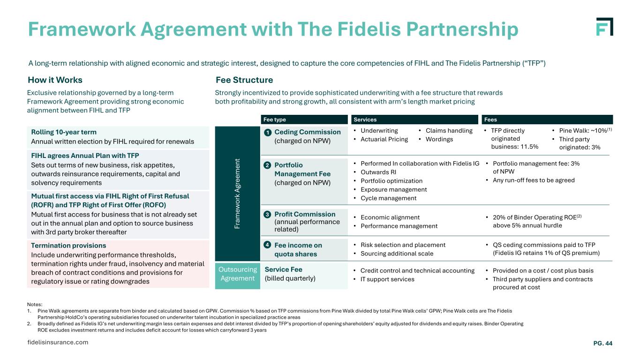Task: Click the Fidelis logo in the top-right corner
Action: (x=604, y=27)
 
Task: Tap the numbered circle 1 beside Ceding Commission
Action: (x=267, y=133)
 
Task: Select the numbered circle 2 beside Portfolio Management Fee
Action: (x=267, y=165)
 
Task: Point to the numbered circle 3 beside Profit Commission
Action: (x=267, y=215)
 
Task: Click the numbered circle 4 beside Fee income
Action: (x=267, y=245)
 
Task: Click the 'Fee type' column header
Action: (x=275, y=120)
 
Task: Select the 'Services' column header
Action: (x=365, y=120)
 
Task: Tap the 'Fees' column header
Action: (x=490, y=120)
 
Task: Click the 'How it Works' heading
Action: (x=55, y=80)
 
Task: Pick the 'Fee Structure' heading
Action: (x=244, y=80)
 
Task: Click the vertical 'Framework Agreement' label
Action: (x=237, y=193)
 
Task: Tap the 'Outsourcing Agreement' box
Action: (x=237, y=274)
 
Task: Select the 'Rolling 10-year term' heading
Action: (x=63, y=132)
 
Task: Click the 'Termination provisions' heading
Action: (x=68, y=246)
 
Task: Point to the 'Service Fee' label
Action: (x=283, y=270)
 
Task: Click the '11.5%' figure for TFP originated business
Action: (x=529, y=147)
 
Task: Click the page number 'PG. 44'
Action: (x=602, y=344)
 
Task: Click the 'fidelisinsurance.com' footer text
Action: (x=58, y=342)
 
